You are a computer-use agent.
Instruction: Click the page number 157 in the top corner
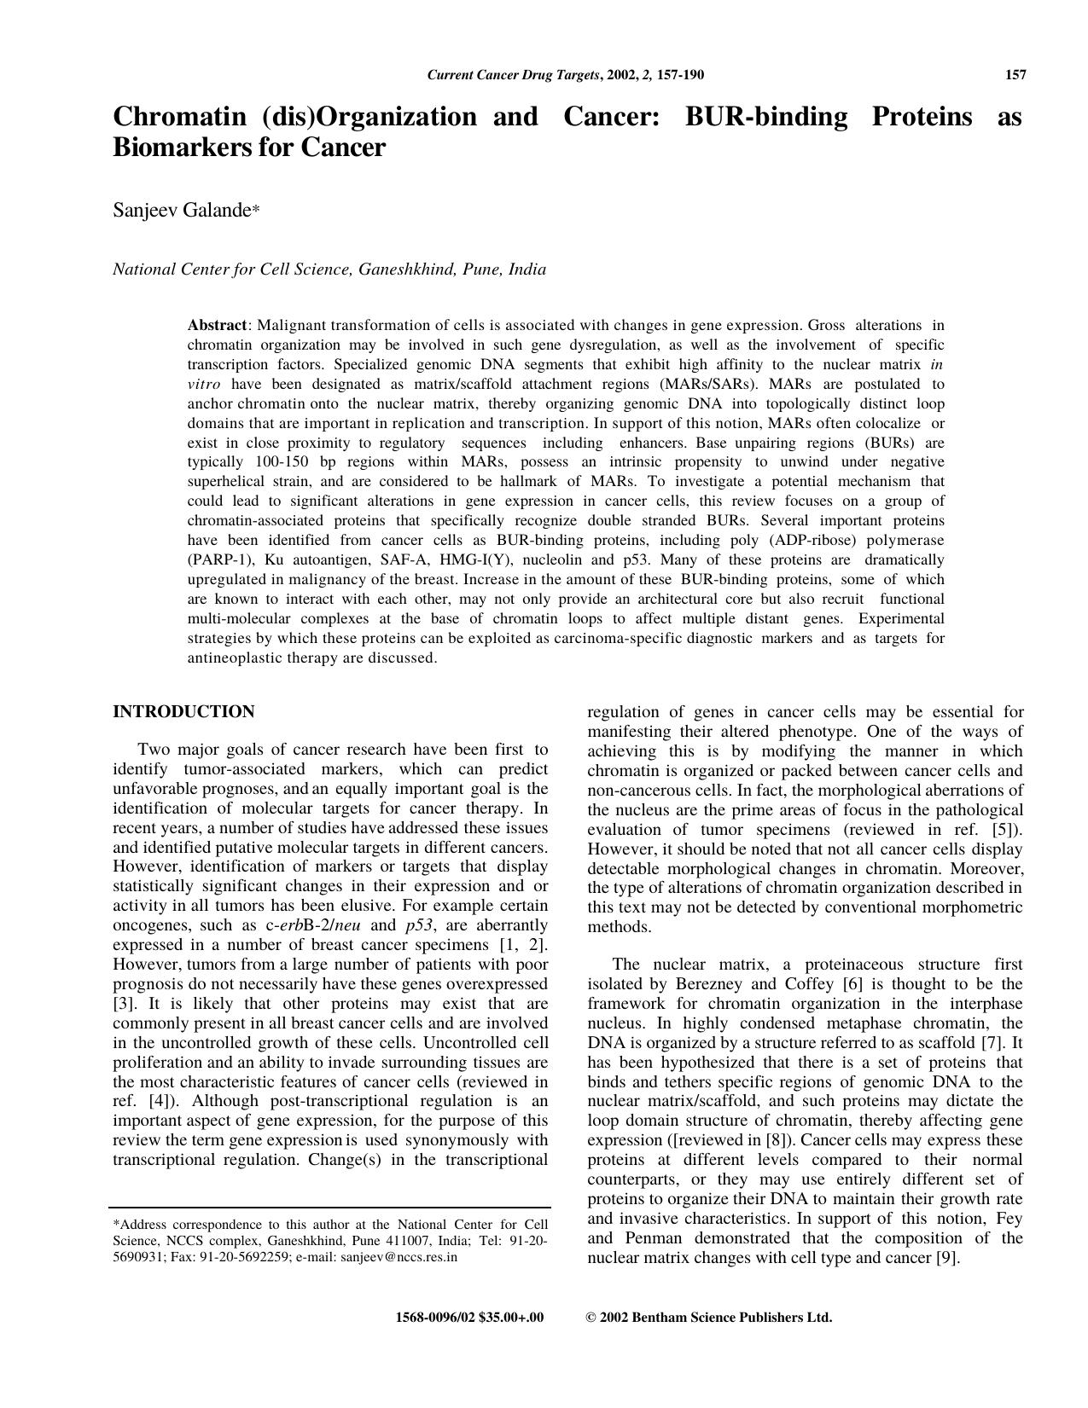click(x=1015, y=75)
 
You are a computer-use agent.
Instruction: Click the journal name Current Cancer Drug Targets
click(x=513, y=75)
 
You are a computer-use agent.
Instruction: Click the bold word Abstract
click(x=217, y=325)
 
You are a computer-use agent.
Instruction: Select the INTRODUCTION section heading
click(x=183, y=712)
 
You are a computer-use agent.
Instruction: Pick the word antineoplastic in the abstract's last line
click(x=241, y=658)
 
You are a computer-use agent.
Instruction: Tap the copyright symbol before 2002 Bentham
click(x=591, y=1318)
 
